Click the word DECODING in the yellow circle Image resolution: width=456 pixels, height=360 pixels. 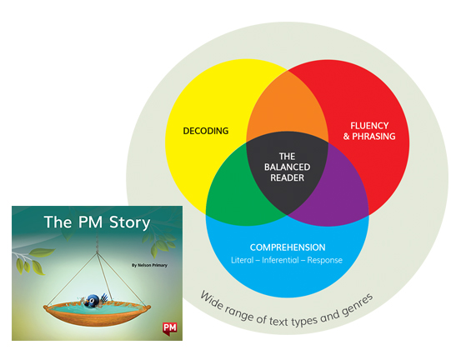(x=205, y=131)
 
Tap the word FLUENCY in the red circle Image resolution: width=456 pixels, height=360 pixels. (x=367, y=125)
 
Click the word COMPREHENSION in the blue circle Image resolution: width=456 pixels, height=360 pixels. (x=287, y=247)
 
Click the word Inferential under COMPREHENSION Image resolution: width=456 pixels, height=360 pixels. (x=287, y=261)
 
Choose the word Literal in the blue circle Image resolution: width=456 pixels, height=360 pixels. (x=243, y=261)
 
